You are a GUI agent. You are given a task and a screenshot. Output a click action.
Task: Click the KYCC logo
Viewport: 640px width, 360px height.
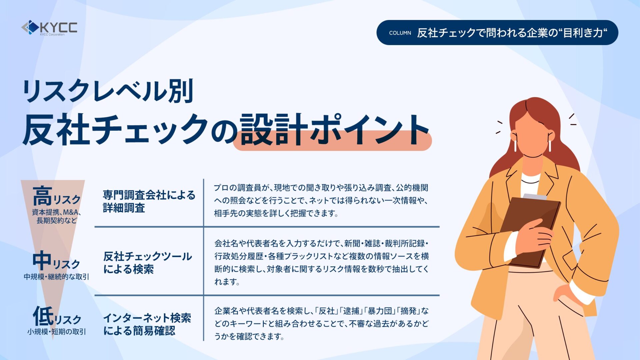(49, 28)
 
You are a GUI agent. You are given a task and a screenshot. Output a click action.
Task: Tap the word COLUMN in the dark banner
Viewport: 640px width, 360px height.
(400, 33)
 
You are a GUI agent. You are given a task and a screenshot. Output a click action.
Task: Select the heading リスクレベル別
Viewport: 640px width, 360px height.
(108, 91)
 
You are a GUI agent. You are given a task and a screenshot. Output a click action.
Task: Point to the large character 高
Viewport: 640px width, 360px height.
(42, 196)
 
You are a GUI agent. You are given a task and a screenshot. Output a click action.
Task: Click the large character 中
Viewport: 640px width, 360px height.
(42, 260)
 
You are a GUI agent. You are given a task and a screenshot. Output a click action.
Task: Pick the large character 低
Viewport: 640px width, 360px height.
(43, 316)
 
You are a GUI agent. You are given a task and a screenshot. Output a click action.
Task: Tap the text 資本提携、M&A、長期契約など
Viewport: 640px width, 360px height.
(57, 216)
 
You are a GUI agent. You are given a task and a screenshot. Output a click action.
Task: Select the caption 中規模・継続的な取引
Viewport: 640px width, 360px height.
(56, 277)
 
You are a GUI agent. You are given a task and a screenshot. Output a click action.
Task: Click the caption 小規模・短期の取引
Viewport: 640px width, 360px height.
(57, 332)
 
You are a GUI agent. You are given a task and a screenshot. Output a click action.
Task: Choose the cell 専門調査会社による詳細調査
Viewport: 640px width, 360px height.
(149, 201)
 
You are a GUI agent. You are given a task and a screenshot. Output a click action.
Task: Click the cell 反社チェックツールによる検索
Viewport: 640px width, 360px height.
(147, 262)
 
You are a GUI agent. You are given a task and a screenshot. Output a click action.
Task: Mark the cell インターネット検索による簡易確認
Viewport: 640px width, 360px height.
(147, 324)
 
